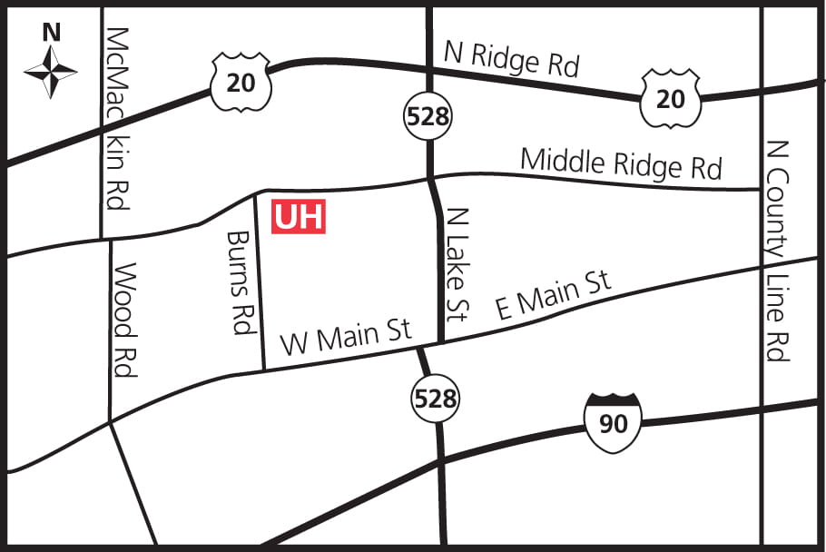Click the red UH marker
click(x=299, y=217)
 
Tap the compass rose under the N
click(x=51, y=72)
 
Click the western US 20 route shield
click(x=241, y=82)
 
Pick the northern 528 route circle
click(x=428, y=116)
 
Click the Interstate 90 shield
click(x=614, y=421)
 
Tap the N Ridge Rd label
click(x=511, y=61)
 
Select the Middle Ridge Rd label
click(x=621, y=163)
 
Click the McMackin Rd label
click(x=118, y=118)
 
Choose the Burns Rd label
click(x=241, y=281)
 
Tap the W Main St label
click(x=346, y=336)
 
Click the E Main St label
click(x=553, y=295)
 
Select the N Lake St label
click(x=457, y=264)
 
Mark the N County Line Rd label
click(x=777, y=250)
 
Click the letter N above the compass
click(x=52, y=33)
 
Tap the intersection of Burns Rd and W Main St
click(x=264, y=369)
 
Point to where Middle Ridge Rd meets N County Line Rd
click(x=761, y=189)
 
